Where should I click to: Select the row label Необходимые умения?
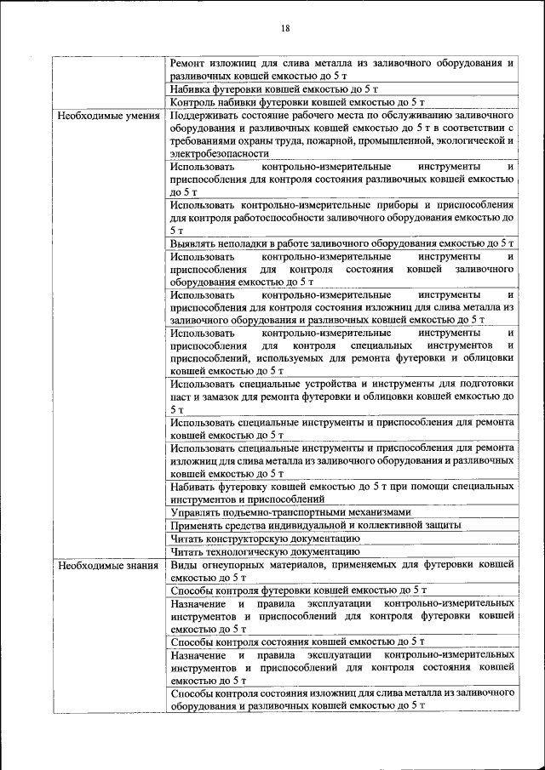[x=107, y=115]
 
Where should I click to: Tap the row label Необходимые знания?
[x=107, y=564]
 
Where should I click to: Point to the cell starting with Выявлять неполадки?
[x=341, y=243]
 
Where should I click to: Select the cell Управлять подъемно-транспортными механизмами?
[x=290, y=512]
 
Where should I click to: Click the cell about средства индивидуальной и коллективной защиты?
[x=315, y=525]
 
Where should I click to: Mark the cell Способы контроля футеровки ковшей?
[x=297, y=590]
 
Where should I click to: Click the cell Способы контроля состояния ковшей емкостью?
[x=297, y=641]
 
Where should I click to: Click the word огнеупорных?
[x=235, y=564]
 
